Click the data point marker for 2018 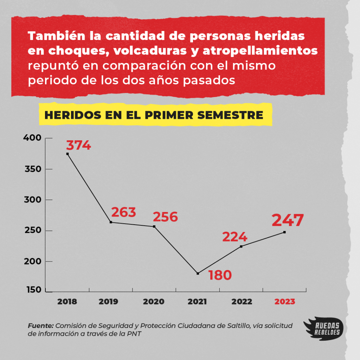67,154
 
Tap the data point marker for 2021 198,273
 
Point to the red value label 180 220,275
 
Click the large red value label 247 287,220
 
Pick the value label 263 123,212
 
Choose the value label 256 166,217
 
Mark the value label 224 234,237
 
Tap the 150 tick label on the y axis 33,290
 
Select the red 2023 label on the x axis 285,302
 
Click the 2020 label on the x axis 154,302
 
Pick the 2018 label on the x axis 67,302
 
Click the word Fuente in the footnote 40,326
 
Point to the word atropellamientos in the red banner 260,51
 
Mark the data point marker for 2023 284,232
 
